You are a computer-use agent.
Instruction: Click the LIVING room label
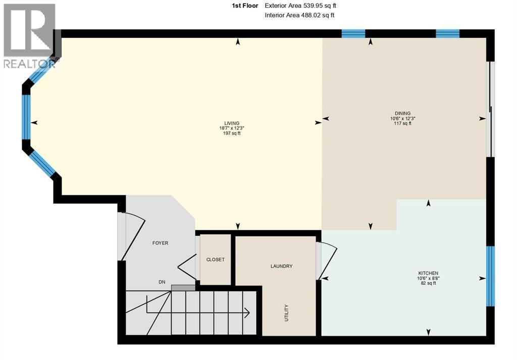(232, 123)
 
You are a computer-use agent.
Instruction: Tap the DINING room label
(402, 113)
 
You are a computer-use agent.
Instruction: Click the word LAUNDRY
(281, 266)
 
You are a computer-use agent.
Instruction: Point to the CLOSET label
(215, 260)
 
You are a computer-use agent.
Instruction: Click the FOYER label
(160, 243)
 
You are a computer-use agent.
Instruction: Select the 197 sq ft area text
(232, 133)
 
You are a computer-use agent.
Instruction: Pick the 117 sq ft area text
(402, 123)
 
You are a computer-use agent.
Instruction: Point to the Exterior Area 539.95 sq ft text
(299, 6)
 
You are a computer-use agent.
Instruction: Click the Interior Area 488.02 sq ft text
(299, 15)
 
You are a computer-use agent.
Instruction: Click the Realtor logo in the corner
(29, 35)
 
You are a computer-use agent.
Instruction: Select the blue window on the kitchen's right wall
(490, 276)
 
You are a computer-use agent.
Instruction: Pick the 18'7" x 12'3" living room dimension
(232, 128)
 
